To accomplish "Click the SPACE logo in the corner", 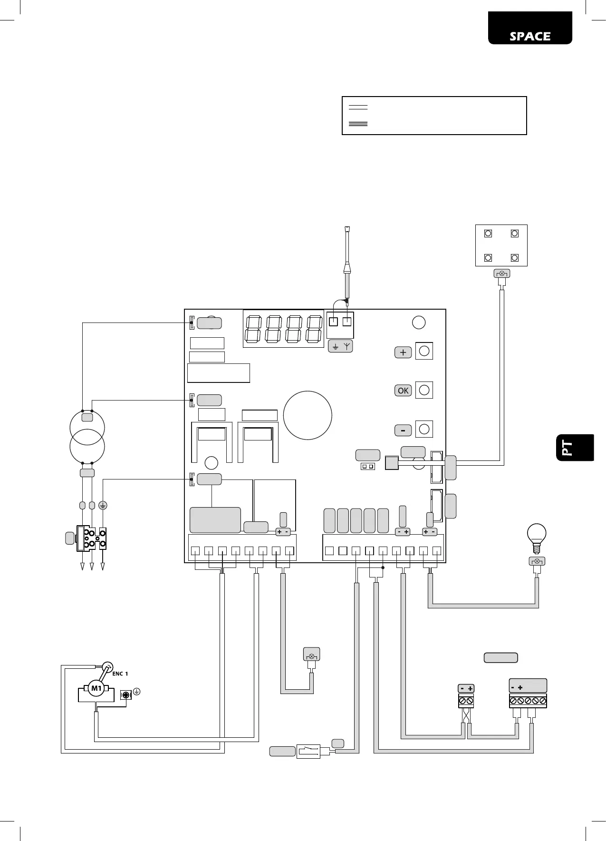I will [530, 37].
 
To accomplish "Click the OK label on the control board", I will [403, 391].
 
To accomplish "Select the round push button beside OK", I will [424, 390].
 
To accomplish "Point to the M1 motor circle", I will [96, 688].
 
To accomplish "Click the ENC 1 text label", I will [120, 674].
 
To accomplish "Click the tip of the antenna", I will [347, 229].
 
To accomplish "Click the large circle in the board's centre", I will [308, 415].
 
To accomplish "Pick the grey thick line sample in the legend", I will [358, 124].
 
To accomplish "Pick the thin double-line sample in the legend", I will [358, 108].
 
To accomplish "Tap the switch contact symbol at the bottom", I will [308, 751].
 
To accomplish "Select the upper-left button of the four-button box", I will [488, 234].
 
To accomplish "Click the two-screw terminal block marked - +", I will [466, 701].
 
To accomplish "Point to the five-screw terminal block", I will [528, 701].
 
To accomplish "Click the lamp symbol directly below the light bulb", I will [537, 561].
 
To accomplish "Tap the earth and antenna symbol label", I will [340, 346].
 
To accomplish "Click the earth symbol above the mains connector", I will [103, 505].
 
